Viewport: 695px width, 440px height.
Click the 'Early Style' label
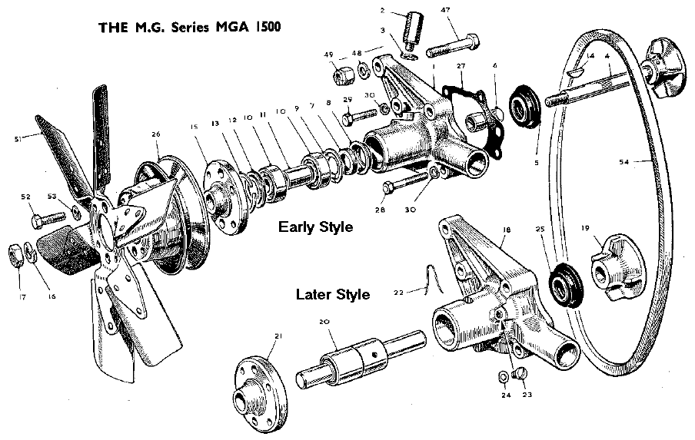pyautogui.click(x=315, y=227)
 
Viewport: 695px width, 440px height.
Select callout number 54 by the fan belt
pyautogui.click(x=624, y=162)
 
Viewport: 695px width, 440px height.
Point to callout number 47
pyautogui.click(x=445, y=9)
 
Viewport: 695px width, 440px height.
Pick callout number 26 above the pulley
pyautogui.click(x=156, y=135)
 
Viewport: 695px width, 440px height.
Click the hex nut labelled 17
pyautogui.click(x=16, y=251)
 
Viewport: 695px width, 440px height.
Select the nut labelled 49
pyautogui.click(x=342, y=75)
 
